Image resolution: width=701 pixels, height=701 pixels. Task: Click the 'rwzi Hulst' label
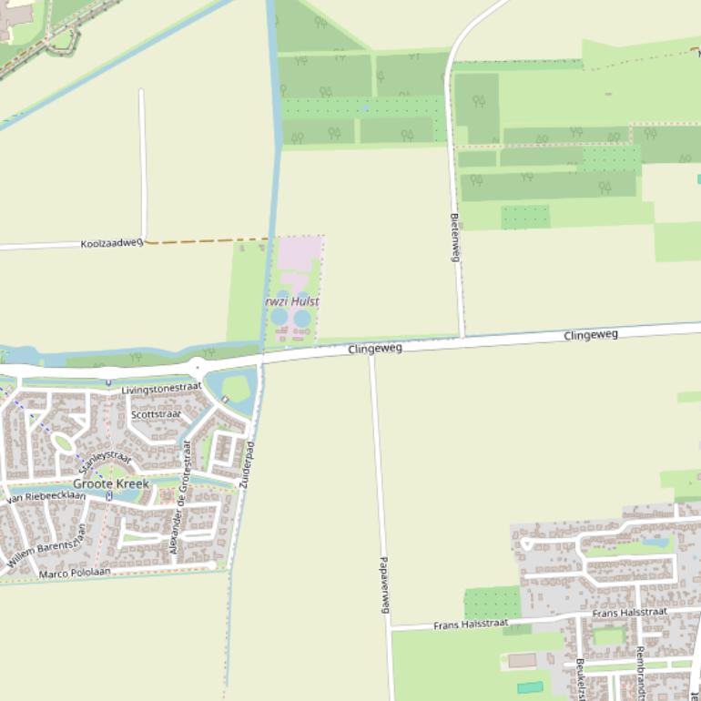(292, 301)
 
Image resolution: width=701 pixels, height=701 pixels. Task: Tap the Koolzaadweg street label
(111, 244)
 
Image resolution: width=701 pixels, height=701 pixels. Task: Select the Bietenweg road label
(454, 237)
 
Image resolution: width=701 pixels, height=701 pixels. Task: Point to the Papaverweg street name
(384, 584)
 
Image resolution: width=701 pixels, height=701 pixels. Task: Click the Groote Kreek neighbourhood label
(110, 483)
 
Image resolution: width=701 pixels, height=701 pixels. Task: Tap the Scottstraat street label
(156, 414)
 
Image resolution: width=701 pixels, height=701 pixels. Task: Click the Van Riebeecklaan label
(46, 497)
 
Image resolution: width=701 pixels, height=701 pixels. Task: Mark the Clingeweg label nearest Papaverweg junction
(374, 348)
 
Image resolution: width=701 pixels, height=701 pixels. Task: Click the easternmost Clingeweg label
(591, 335)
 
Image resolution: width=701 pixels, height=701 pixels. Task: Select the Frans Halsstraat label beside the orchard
(470, 624)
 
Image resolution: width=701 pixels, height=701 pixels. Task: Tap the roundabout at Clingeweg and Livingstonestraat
(196, 367)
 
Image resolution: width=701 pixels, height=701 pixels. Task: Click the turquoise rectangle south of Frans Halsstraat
(530, 687)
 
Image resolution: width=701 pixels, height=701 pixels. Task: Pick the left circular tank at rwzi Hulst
(279, 318)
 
